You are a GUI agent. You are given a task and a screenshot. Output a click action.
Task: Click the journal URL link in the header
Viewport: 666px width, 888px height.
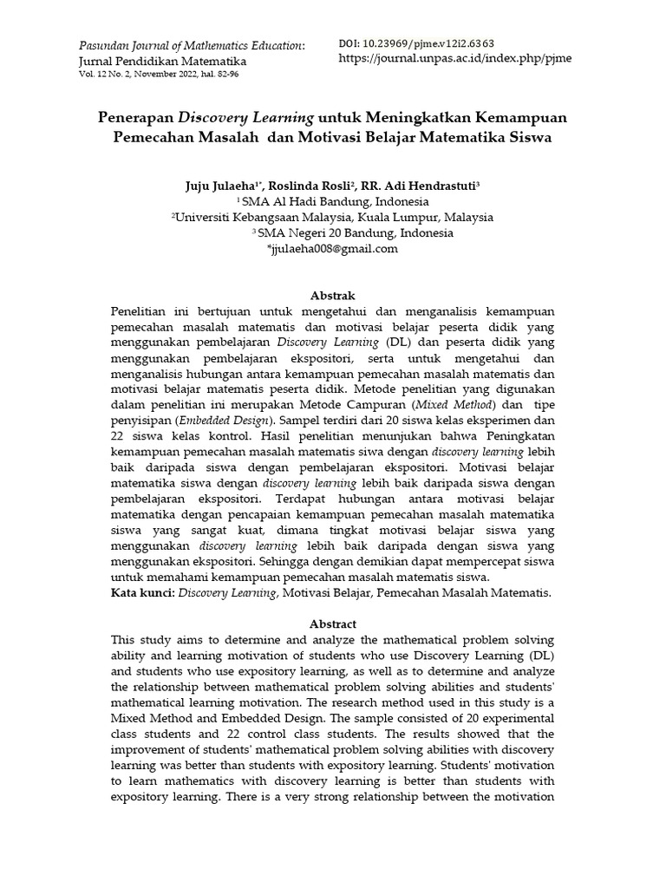(454, 59)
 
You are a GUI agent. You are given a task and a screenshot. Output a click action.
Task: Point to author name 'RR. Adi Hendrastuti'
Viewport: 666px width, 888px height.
(430, 186)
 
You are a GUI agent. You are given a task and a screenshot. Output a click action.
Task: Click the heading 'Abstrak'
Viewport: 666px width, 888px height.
(333, 297)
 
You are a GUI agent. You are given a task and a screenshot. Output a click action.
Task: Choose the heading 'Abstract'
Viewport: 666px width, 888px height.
(333, 624)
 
